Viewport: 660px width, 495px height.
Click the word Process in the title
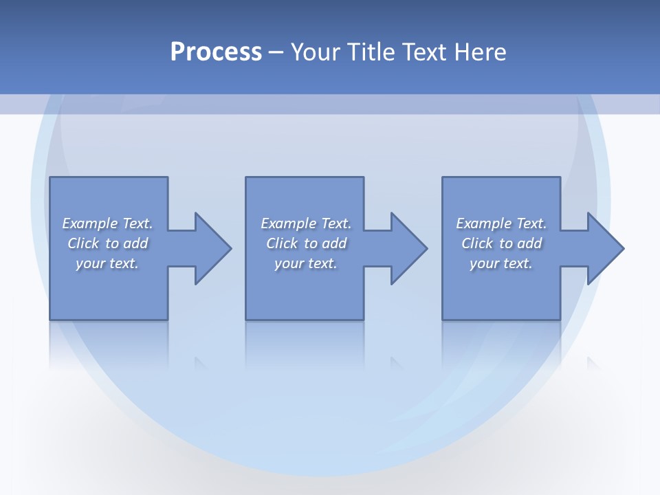216,52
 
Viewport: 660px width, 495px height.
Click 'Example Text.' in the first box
107,223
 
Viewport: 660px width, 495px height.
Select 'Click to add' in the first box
107,243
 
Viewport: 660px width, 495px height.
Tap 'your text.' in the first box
107,263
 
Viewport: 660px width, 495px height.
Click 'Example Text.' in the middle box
305,223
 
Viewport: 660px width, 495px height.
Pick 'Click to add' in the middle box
305,243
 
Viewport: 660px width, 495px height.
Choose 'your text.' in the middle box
305,263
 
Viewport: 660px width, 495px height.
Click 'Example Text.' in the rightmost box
501,223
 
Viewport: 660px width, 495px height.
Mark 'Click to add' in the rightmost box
501,243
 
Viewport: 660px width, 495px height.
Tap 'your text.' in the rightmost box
501,263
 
